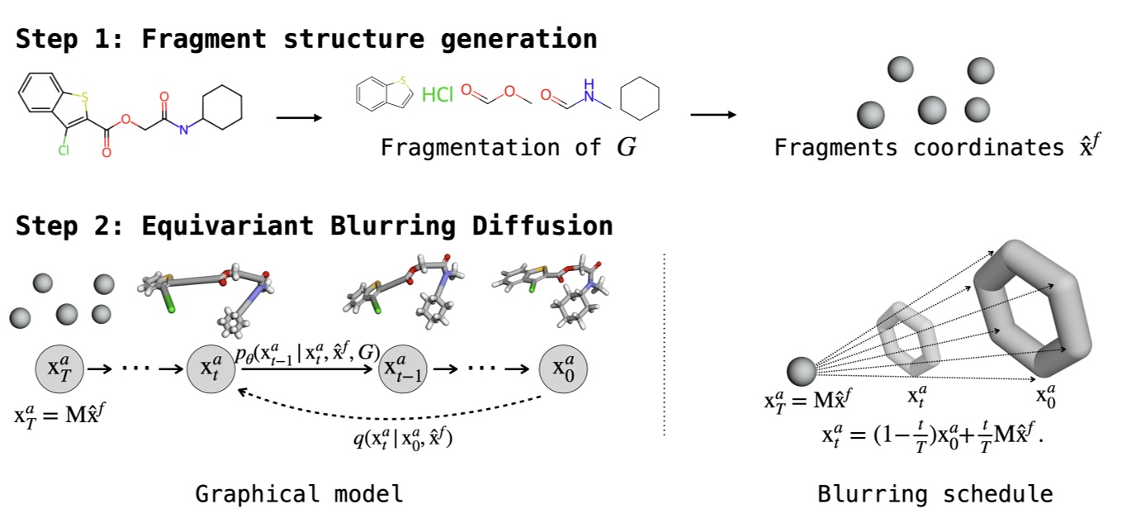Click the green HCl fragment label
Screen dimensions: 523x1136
coord(438,95)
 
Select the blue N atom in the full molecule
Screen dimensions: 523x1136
coord(184,129)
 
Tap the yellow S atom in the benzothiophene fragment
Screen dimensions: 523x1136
coord(402,81)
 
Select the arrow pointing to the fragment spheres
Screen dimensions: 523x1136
coord(712,114)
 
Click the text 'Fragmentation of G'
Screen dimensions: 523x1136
coord(508,148)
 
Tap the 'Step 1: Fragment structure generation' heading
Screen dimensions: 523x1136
coord(306,39)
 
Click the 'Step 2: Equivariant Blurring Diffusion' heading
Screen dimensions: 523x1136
coord(315,226)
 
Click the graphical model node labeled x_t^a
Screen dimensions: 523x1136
coord(213,368)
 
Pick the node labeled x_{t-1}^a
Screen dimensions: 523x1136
coord(401,368)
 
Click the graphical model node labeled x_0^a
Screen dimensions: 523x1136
coord(563,368)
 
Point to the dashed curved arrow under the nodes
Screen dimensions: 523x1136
coord(396,405)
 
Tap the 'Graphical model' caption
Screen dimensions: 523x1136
coord(299,494)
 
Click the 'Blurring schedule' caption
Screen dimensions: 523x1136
coord(935,494)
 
